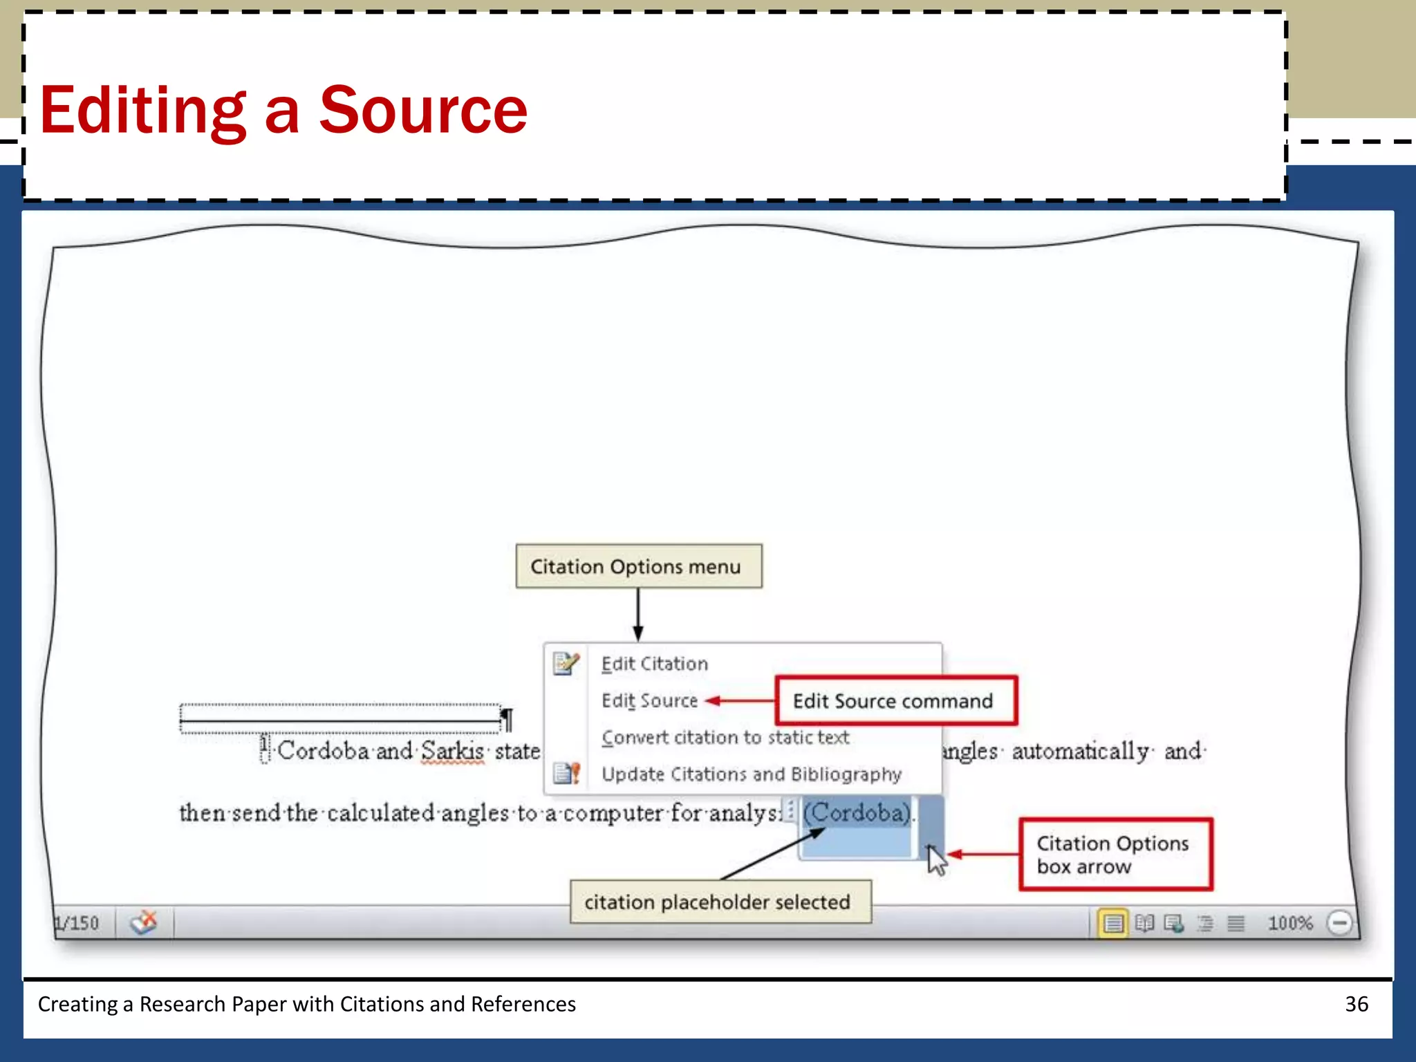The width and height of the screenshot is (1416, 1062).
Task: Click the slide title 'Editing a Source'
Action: [283, 111]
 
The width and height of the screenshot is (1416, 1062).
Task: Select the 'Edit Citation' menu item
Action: [654, 664]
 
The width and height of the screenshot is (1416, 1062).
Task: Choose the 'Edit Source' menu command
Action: [649, 701]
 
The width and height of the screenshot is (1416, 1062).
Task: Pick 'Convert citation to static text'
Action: [725, 738]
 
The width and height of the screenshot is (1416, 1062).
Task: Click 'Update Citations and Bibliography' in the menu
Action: [751, 774]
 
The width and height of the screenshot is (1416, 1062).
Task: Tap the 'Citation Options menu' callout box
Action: [638, 566]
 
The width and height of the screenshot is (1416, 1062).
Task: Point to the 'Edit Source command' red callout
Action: [895, 701]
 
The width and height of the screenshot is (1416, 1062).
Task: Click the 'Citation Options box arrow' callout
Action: [1115, 855]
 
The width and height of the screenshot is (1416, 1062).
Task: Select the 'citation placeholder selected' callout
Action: [719, 902]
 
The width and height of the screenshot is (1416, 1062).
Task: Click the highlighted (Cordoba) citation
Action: [857, 813]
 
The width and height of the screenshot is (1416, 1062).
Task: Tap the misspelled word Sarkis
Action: [452, 752]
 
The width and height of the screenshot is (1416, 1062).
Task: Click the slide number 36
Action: [1356, 1004]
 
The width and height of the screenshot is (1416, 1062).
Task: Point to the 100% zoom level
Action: [1289, 923]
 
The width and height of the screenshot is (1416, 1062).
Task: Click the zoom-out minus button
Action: [1339, 923]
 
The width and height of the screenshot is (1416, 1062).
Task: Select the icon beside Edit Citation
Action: [566, 664]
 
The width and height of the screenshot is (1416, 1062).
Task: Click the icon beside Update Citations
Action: [566, 774]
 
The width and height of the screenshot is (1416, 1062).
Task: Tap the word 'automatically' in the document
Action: [1080, 752]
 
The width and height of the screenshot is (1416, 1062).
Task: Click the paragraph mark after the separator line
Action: [507, 720]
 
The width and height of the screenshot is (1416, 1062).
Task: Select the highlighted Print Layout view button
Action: [1113, 923]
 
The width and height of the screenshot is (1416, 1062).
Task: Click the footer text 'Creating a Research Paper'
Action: [306, 1004]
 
